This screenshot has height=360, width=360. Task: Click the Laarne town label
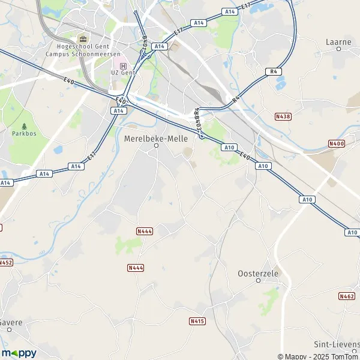pos(339,42)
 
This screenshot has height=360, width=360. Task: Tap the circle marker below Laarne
pos(339,49)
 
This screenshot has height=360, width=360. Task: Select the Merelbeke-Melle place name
pos(155,138)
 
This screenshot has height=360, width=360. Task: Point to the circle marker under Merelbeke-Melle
pos(156,145)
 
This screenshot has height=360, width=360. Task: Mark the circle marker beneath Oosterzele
pos(258,280)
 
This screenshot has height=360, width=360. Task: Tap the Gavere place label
pos(11,322)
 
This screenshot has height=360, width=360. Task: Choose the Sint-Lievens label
pos(337,344)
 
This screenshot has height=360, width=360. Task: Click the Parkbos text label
pos(24,133)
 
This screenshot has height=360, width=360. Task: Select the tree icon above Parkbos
pos(24,126)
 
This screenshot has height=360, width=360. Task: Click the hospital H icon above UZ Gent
pos(124,66)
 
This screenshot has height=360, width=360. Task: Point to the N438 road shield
pos(283,116)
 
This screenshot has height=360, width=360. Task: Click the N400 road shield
pos(337,144)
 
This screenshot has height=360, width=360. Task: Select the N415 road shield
pos(197,321)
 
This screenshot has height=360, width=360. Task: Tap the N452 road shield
pos(5,262)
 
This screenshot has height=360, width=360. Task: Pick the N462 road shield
pos(347,296)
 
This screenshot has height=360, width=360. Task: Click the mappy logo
pos(19,353)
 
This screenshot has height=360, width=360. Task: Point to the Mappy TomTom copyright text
pos(318,356)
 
